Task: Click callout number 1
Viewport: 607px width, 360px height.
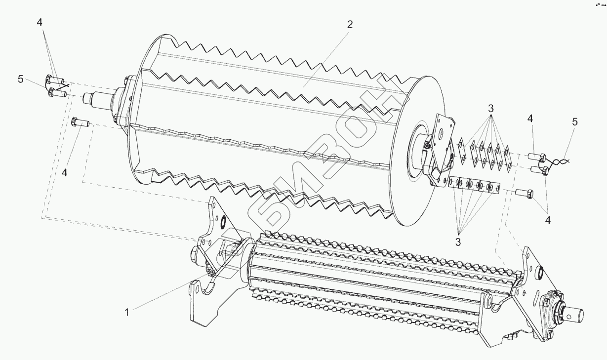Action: point(127,312)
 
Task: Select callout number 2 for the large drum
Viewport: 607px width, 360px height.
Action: point(350,25)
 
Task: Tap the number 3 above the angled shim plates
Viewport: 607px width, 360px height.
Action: point(490,108)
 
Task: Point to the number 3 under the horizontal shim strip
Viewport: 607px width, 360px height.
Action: point(458,242)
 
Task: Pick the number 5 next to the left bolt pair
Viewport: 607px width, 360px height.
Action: point(21,79)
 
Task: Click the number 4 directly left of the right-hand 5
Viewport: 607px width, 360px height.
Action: point(530,119)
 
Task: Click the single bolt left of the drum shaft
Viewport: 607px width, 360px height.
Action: point(80,121)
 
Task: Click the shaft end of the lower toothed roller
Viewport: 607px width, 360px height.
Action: point(575,315)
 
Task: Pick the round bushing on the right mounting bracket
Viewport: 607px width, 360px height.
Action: point(540,272)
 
